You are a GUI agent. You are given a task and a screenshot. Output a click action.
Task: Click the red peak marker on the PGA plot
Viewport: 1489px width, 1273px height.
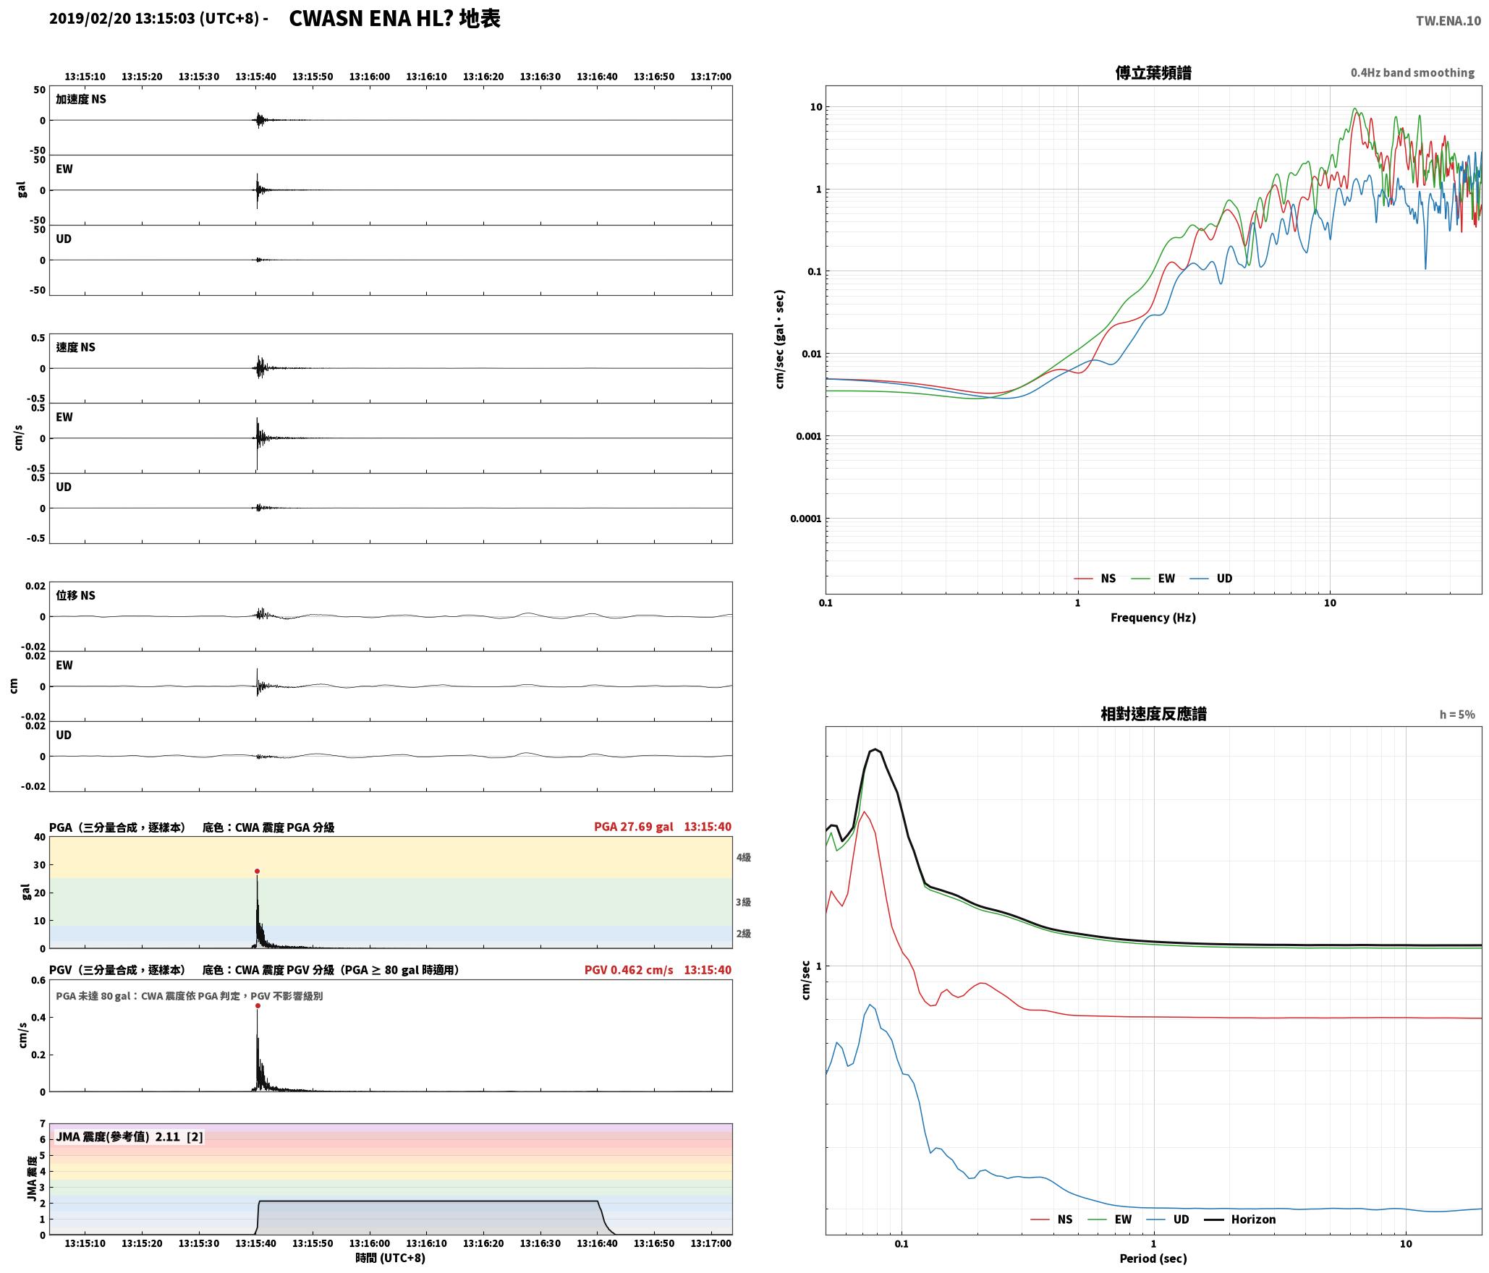click(x=257, y=872)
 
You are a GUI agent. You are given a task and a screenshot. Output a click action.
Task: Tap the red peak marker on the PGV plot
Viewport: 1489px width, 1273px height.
click(x=258, y=1006)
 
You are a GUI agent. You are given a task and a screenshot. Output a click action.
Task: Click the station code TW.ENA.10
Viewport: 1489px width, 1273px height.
click(x=1448, y=21)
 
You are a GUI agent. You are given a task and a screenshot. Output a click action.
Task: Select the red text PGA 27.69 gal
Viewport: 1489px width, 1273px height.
click(x=633, y=827)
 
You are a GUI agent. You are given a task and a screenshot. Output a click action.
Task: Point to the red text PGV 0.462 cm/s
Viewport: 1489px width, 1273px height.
click(x=629, y=970)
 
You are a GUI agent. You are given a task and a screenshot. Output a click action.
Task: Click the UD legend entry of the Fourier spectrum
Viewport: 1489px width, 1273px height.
click(x=1210, y=579)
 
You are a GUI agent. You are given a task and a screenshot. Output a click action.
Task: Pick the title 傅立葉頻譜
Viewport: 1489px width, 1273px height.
click(x=1153, y=73)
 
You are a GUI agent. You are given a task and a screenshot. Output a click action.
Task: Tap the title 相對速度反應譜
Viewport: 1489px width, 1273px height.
click(x=1153, y=714)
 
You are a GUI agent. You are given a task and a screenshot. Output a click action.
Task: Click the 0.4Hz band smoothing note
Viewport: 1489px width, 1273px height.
click(x=1412, y=73)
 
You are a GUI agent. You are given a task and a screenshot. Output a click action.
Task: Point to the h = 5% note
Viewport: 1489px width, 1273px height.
click(x=1457, y=715)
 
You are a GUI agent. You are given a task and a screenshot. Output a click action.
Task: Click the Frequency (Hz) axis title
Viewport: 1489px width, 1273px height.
click(x=1153, y=618)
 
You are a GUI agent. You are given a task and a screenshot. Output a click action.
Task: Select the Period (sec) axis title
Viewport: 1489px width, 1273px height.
click(x=1153, y=1259)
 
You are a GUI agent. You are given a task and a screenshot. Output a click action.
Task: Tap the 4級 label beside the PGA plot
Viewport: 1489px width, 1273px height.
click(x=744, y=858)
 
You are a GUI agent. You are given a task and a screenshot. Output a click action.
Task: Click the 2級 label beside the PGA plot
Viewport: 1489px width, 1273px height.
click(x=744, y=934)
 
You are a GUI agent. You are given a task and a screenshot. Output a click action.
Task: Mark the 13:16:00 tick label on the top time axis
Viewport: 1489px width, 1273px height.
click(x=370, y=77)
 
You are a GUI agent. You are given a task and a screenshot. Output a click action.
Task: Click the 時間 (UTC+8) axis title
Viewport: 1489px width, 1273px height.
click(x=391, y=1259)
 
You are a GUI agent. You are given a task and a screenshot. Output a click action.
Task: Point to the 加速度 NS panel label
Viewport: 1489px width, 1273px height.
click(x=81, y=99)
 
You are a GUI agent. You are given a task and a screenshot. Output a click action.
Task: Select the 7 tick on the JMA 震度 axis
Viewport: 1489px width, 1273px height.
click(x=43, y=1124)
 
